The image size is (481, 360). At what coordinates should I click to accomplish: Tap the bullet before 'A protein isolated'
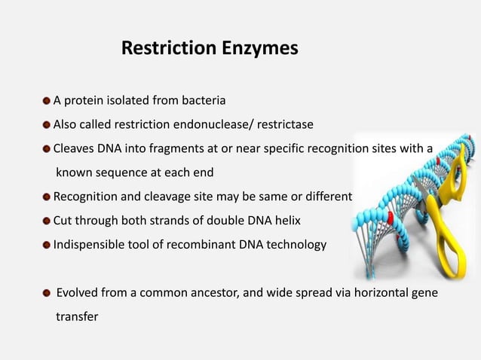[x=47, y=100]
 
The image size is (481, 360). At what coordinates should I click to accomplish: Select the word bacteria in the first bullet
[x=203, y=100]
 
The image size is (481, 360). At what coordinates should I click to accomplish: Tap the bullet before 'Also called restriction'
[x=47, y=124]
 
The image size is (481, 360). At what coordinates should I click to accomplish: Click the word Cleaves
[x=74, y=148]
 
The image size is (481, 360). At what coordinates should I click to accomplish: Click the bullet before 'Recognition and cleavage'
[x=47, y=197]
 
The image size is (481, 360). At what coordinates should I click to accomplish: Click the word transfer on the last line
[x=77, y=317]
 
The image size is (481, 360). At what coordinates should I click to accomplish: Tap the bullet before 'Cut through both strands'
[x=47, y=221]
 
